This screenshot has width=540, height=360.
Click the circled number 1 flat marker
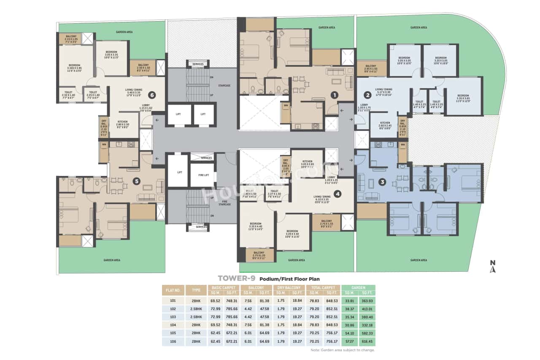334,95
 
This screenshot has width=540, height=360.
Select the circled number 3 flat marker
382,182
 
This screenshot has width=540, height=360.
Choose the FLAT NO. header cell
173,290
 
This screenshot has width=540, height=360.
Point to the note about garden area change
342,350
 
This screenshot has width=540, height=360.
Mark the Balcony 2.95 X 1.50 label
371,68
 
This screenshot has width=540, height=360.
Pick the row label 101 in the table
173,301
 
